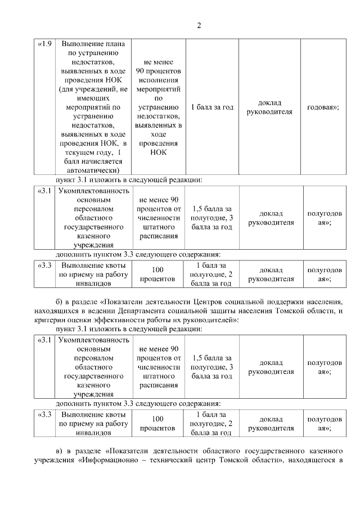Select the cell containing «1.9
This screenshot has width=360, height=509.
(x=44, y=44)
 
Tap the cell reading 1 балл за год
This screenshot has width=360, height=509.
(x=212, y=106)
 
